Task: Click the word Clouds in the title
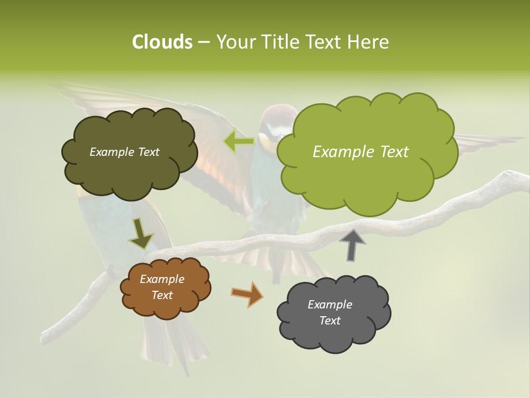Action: [x=162, y=42]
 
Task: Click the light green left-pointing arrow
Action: [x=239, y=142]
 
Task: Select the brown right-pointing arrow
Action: [x=247, y=294]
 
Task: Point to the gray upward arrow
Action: [x=352, y=244]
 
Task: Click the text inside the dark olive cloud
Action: [x=124, y=152]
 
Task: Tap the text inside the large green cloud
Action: [x=361, y=152]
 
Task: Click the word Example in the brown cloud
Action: [x=162, y=279]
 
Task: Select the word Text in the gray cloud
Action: [x=330, y=321]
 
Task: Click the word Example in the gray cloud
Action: [x=330, y=305]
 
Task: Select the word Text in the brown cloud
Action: [x=162, y=295]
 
